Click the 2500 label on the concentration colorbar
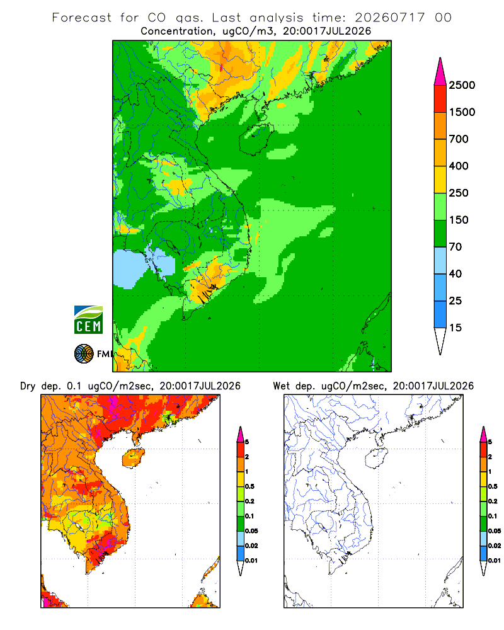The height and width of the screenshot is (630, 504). (462, 85)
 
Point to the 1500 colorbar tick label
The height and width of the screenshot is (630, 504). (462, 112)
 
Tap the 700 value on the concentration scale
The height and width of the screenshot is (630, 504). (459, 139)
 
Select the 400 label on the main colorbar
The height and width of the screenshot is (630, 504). (459, 166)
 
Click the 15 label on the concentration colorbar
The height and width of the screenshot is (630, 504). (455, 328)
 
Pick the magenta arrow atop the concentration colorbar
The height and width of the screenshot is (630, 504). (440, 72)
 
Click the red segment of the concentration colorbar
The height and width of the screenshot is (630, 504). (440, 99)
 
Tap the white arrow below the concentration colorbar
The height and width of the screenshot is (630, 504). (440, 341)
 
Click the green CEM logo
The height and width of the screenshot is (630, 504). (88, 320)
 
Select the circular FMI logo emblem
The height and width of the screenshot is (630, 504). (84, 354)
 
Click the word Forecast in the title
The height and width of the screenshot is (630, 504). (82, 18)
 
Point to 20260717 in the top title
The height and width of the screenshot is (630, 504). (389, 18)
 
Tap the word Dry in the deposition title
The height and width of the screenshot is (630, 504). (28, 386)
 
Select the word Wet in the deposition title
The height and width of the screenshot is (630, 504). (281, 386)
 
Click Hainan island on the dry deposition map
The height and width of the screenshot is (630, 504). (133, 458)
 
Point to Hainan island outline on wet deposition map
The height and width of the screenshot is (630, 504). (376, 459)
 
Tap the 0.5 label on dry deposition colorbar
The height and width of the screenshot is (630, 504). (249, 486)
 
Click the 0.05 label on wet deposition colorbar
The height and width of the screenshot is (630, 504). (495, 530)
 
